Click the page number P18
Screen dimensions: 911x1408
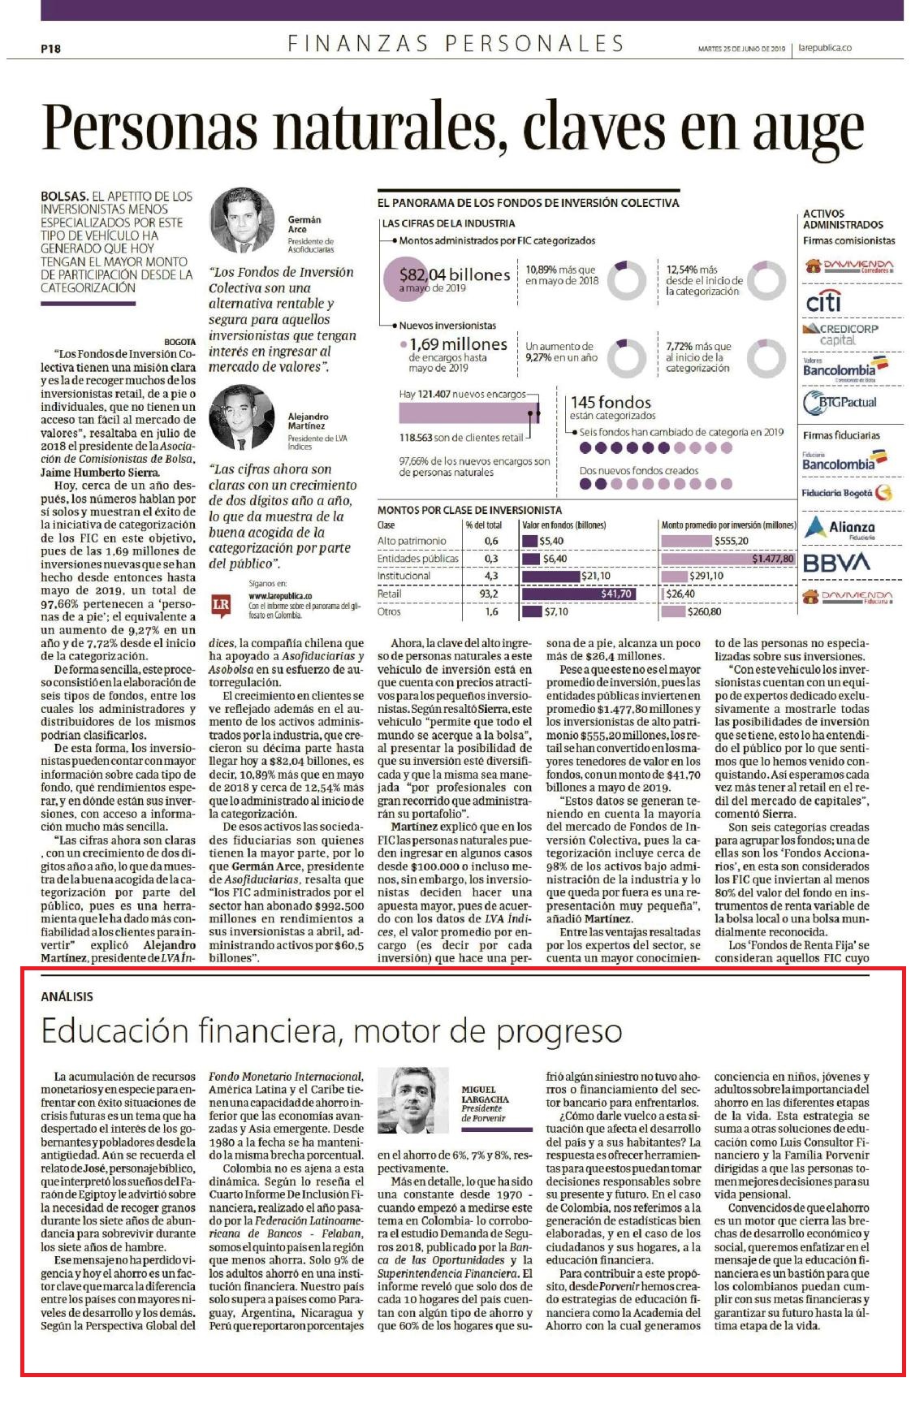pos(50,49)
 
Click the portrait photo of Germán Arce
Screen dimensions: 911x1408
pos(243,223)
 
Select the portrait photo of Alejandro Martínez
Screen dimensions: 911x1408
pos(242,417)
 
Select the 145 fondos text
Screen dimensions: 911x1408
pos(611,402)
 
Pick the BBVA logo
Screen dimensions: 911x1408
pos(835,563)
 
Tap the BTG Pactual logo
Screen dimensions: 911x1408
pos(840,402)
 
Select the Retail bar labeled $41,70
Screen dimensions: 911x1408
pos(579,594)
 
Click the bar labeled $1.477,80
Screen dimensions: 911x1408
pos(728,559)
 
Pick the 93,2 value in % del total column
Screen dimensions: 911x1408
pos(490,594)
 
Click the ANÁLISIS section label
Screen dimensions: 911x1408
pos(67,996)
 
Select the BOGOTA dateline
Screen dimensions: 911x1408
pos(179,342)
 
